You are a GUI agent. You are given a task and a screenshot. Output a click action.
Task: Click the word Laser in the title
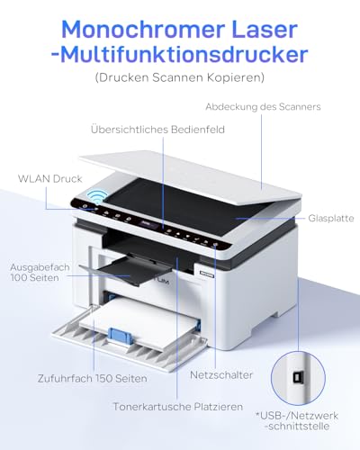point(265,30)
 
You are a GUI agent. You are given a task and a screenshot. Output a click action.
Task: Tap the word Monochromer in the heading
point(143,30)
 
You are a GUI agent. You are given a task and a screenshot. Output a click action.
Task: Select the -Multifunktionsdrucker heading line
point(179,54)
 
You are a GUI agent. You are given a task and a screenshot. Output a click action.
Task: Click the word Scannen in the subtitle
point(177,77)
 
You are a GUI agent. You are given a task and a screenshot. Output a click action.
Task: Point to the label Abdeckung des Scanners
point(263,106)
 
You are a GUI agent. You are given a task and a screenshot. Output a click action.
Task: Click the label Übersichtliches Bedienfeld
point(157,130)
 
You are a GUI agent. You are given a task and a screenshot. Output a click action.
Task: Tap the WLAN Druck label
point(50,179)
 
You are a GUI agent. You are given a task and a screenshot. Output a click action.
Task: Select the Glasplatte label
point(331,218)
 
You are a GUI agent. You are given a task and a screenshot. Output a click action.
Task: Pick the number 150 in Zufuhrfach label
point(104,378)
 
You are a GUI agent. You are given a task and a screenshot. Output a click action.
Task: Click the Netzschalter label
point(221,374)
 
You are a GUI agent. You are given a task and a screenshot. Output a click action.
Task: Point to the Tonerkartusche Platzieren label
point(178,407)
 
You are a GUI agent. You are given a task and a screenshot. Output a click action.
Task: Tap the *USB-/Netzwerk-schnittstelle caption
point(297,420)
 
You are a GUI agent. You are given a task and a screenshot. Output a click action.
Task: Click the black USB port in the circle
point(297,378)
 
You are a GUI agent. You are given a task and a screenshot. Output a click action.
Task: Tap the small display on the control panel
point(148,224)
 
